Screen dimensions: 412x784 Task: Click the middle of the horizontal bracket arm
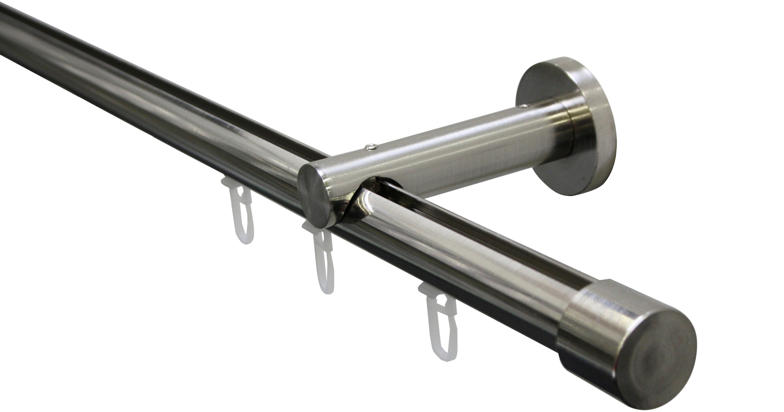tap(457, 147)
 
